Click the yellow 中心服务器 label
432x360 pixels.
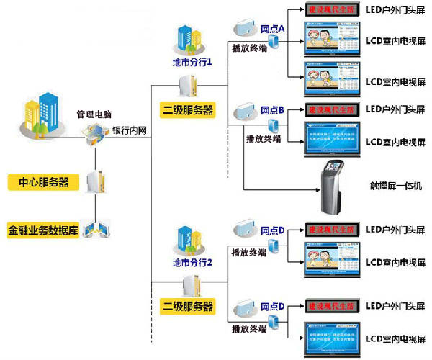pos(43,182)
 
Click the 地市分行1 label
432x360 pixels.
pos(192,63)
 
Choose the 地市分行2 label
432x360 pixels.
pos(192,261)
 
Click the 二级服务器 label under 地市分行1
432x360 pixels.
pos(188,110)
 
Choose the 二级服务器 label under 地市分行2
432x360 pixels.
pos(188,307)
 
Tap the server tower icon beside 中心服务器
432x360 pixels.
pos(94,182)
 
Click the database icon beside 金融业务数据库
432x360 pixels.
pos(95,230)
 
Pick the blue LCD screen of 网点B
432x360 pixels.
pos(332,141)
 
